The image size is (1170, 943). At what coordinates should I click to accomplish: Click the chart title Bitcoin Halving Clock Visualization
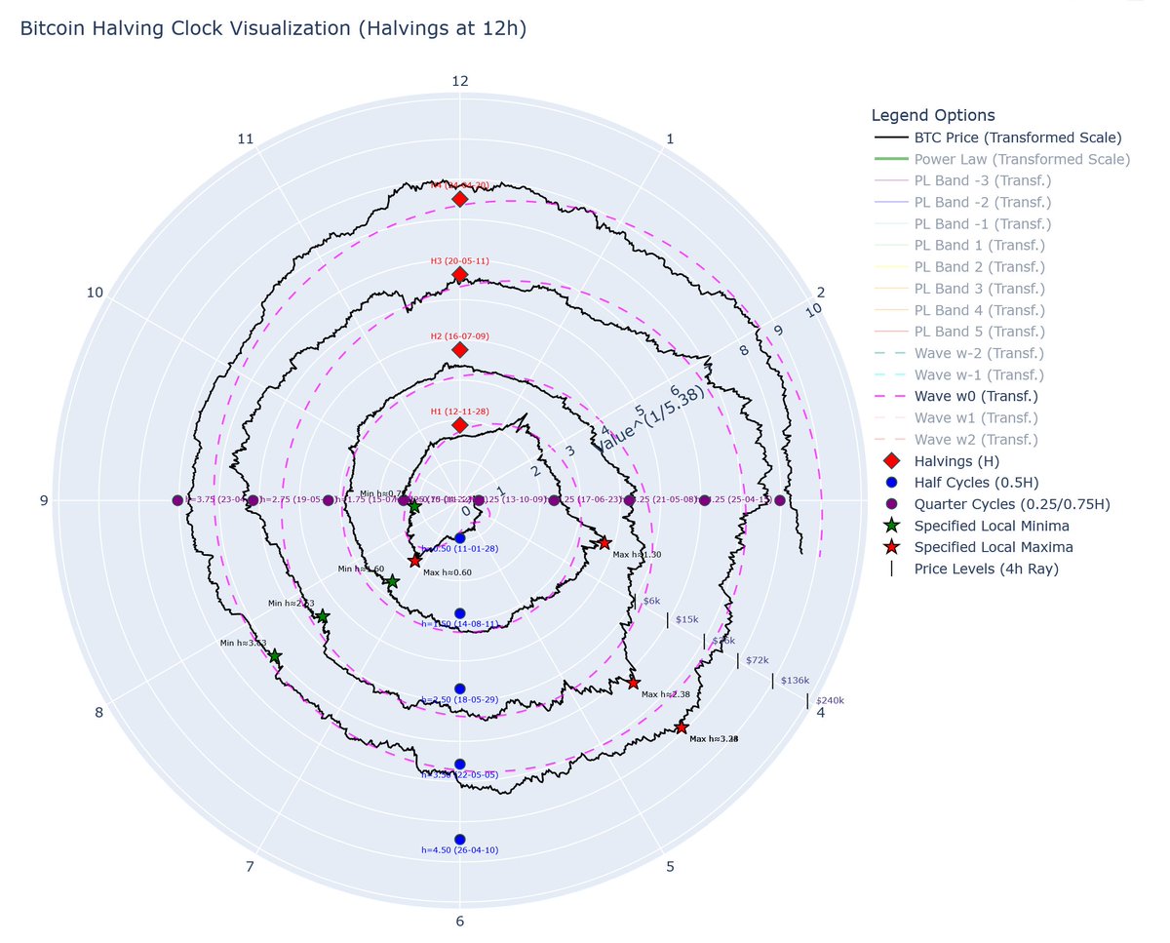273,29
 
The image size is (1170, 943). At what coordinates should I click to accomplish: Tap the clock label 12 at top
460,81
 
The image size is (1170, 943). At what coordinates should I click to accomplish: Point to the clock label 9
44,501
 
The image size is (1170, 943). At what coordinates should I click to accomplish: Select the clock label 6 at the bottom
460,923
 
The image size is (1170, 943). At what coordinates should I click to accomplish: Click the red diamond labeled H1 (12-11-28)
460,426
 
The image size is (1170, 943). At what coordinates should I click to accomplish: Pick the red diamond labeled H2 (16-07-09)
460,350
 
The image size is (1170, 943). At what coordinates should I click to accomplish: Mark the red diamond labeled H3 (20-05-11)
460,275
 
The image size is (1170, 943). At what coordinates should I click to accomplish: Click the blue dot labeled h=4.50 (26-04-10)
460,839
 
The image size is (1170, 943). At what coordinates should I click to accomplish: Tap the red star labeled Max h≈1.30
604,542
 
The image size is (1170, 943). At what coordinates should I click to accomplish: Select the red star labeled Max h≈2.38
634,683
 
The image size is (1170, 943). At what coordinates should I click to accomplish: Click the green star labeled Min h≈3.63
275,656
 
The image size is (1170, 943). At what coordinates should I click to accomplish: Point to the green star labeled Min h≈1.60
392,581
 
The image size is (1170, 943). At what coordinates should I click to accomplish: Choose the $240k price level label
830,700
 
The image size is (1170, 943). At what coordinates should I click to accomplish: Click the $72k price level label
757,661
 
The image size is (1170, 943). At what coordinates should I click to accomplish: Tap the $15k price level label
686,620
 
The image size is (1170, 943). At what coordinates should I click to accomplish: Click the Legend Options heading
933,115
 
